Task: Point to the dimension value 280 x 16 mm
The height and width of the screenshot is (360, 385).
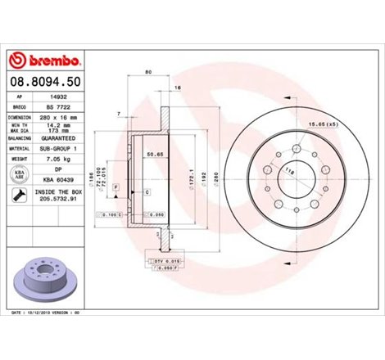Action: [61, 118]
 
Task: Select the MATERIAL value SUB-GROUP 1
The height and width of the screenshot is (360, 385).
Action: [61, 148]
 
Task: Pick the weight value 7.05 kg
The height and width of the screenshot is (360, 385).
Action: [60, 160]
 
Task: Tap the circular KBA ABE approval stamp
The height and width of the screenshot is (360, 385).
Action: [18, 176]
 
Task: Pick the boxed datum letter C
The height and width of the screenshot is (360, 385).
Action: [147, 191]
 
